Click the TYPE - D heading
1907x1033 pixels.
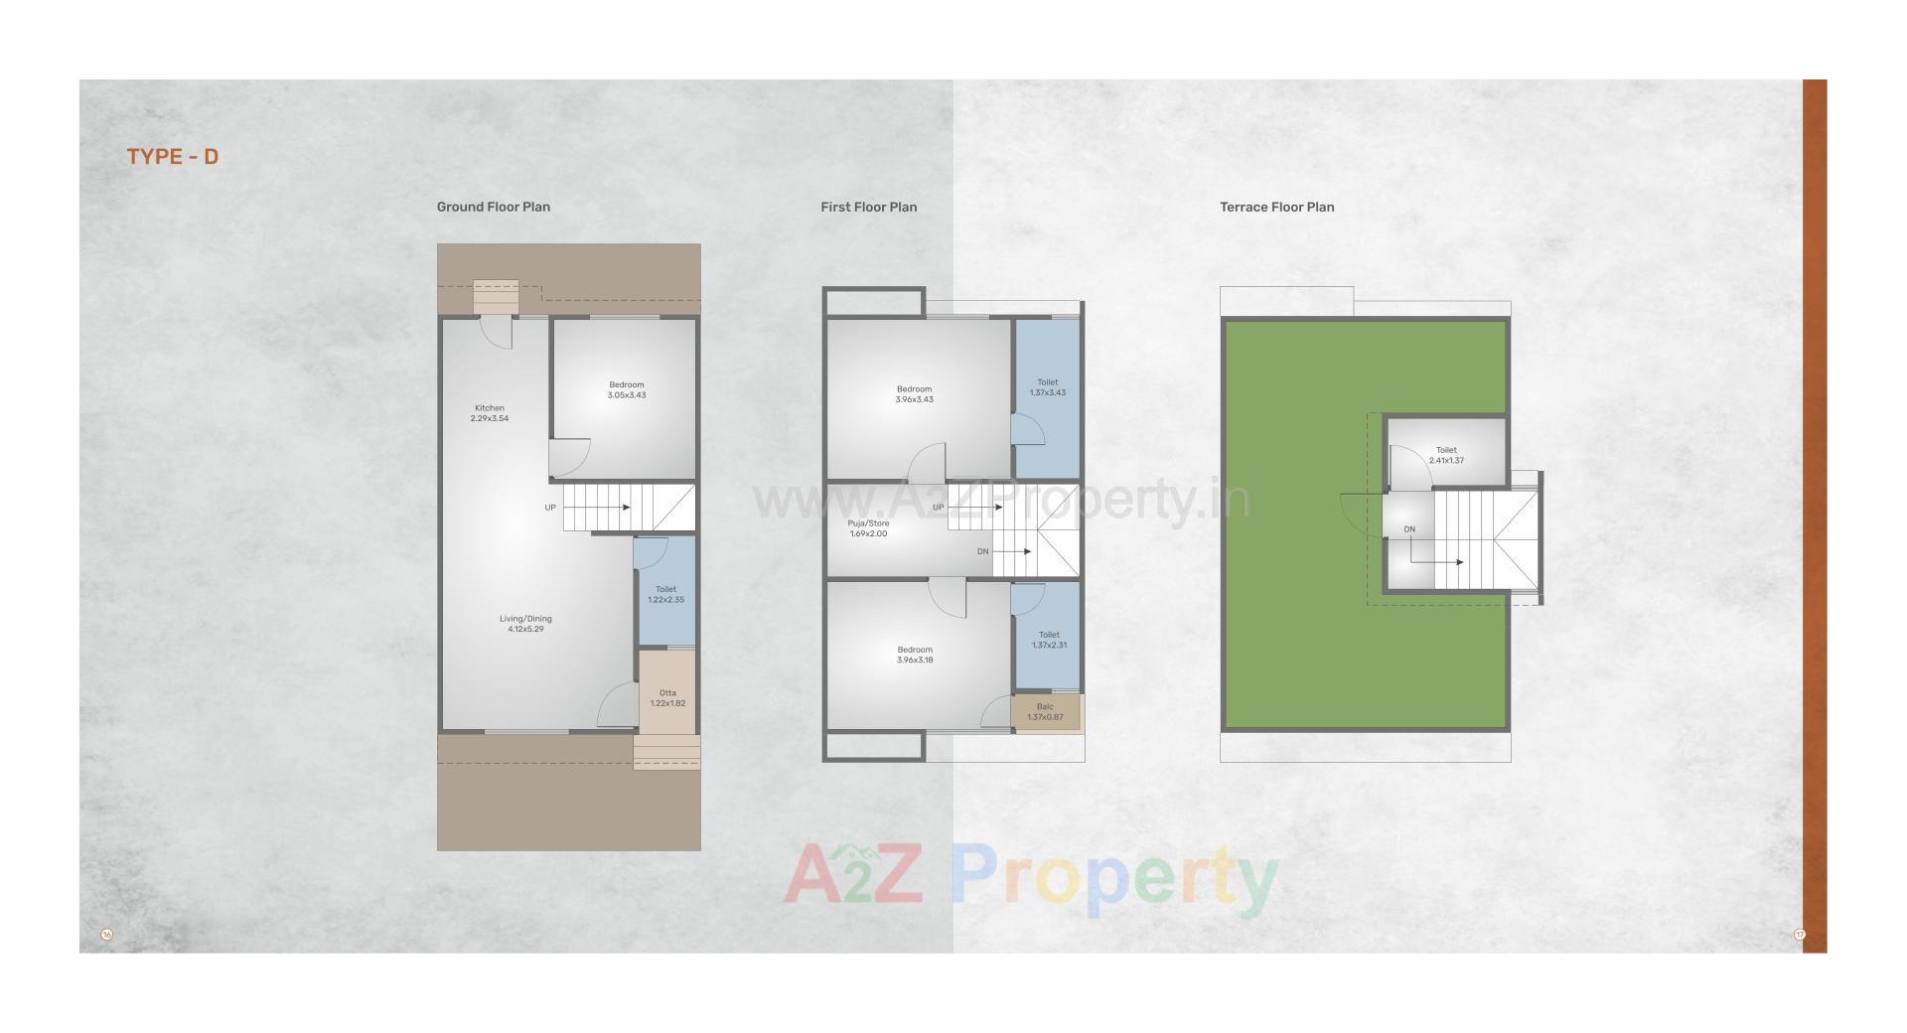coord(172,157)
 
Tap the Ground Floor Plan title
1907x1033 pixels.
coord(493,207)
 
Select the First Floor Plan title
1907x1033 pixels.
coord(868,207)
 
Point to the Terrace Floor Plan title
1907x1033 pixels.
coord(1276,207)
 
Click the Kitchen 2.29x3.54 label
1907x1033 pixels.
coord(489,413)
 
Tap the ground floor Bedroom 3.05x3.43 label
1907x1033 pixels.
coord(627,389)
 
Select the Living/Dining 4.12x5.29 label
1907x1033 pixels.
coord(525,624)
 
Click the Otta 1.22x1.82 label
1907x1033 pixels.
coord(667,698)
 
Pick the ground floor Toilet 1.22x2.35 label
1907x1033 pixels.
coord(665,594)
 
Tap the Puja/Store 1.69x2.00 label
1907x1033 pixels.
coord(868,528)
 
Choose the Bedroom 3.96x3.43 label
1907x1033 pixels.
coord(914,394)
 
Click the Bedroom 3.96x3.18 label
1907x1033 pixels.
coord(914,655)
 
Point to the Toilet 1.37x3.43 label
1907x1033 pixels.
coord(1048,387)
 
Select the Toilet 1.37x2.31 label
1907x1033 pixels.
coord(1049,640)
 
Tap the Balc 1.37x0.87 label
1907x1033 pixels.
coord(1045,712)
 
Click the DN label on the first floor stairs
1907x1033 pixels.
coord(983,551)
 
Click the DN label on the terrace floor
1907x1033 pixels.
coord(1409,529)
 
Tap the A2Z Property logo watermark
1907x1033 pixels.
coord(1030,878)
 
